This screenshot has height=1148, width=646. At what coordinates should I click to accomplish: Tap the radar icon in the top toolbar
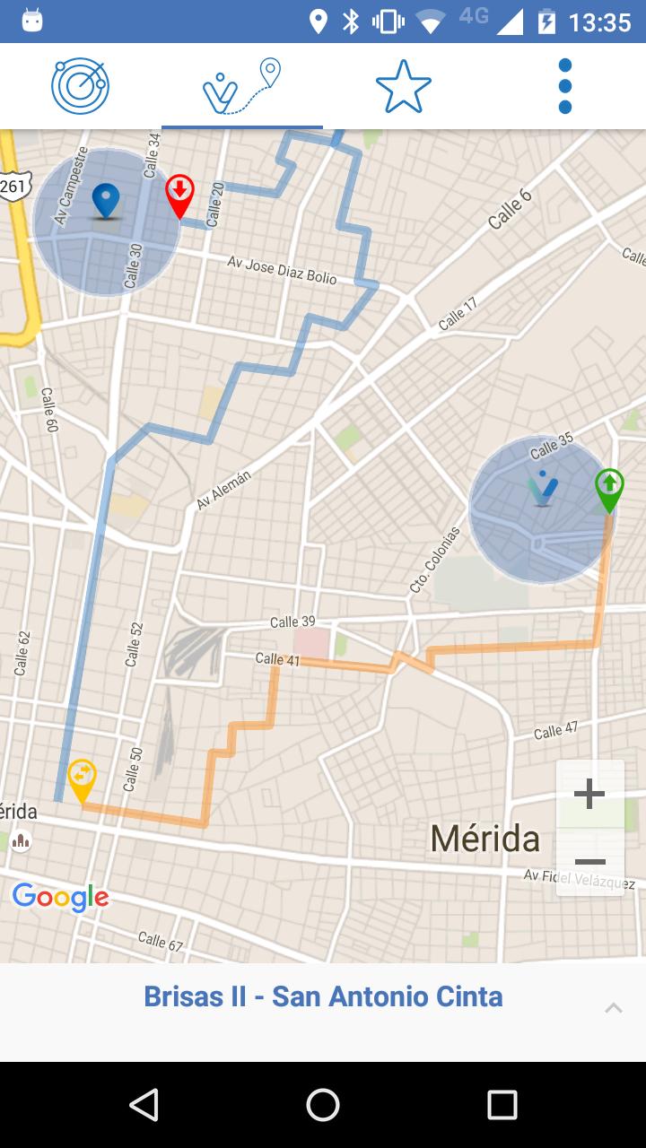point(80,86)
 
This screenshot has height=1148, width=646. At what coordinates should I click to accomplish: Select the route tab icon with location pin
point(242,86)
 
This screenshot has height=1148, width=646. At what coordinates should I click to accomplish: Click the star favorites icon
point(404,86)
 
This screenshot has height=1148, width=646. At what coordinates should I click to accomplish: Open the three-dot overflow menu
point(565,86)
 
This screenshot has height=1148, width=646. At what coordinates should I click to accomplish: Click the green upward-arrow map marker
point(609,489)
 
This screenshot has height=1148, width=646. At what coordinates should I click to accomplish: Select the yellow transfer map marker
point(82,778)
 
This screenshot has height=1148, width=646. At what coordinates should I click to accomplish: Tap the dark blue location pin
point(106,199)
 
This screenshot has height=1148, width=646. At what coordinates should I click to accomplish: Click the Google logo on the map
point(60,896)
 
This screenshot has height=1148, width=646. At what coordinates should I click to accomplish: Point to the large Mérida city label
point(484,839)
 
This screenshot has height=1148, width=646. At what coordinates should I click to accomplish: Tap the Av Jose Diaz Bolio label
point(282,270)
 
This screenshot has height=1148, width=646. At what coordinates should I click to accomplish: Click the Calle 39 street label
point(292,622)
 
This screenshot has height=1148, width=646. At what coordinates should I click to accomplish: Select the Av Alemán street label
point(223,490)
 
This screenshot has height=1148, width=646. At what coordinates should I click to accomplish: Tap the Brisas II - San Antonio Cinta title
point(323,996)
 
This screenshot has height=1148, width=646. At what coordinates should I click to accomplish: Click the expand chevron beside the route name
point(614,1008)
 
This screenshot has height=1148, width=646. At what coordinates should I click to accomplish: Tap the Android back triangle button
point(144,1105)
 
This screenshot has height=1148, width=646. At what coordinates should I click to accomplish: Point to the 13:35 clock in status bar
point(599,22)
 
